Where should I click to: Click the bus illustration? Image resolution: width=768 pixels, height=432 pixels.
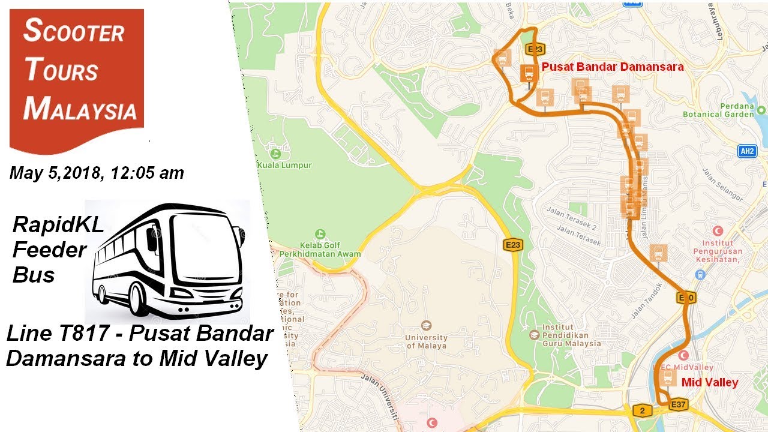(167, 261)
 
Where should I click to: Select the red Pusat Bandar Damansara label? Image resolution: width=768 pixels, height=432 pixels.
(613, 67)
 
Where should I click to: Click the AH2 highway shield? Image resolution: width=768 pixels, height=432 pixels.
(747, 151)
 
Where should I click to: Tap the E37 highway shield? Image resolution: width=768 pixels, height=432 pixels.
(678, 405)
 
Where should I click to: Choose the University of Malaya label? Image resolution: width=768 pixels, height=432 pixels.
(426, 341)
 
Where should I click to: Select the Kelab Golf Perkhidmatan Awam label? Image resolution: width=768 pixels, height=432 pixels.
(320, 250)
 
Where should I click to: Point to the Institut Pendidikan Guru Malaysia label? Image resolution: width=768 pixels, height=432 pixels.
(571, 336)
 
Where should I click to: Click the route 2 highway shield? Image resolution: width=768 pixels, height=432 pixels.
(641, 410)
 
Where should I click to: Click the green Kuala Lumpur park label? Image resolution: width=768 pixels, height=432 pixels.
(284, 165)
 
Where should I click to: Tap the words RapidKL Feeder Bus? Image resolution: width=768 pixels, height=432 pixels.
(50, 250)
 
